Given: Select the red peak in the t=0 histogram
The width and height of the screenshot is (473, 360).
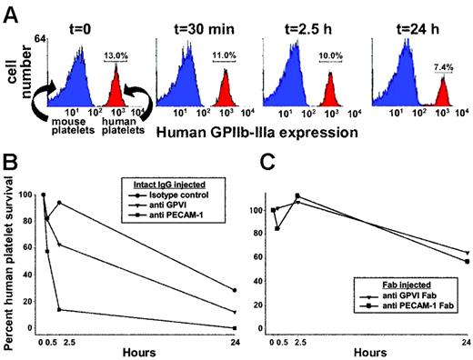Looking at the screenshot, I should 118,86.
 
